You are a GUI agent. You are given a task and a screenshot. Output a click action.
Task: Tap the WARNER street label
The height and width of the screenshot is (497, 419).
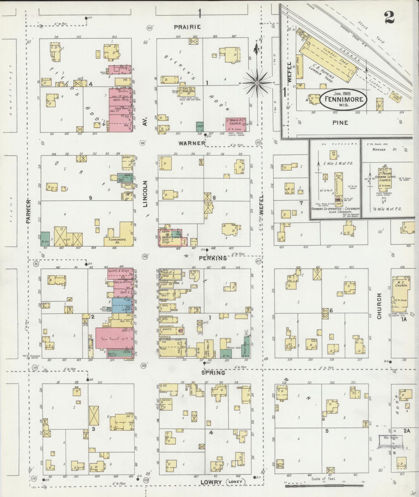tap(192, 143)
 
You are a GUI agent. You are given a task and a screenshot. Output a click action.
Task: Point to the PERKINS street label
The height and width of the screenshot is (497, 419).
tap(213, 258)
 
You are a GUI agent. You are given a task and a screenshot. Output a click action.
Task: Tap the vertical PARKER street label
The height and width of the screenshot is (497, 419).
tap(29, 211)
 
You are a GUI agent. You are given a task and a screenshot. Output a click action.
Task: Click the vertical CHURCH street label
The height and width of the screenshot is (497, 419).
tap(379, 306)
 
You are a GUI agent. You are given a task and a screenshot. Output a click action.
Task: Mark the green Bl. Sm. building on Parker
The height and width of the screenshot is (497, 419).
tap(45, 239)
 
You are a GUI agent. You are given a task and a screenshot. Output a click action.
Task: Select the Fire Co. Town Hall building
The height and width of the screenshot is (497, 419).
tap(185, 91)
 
